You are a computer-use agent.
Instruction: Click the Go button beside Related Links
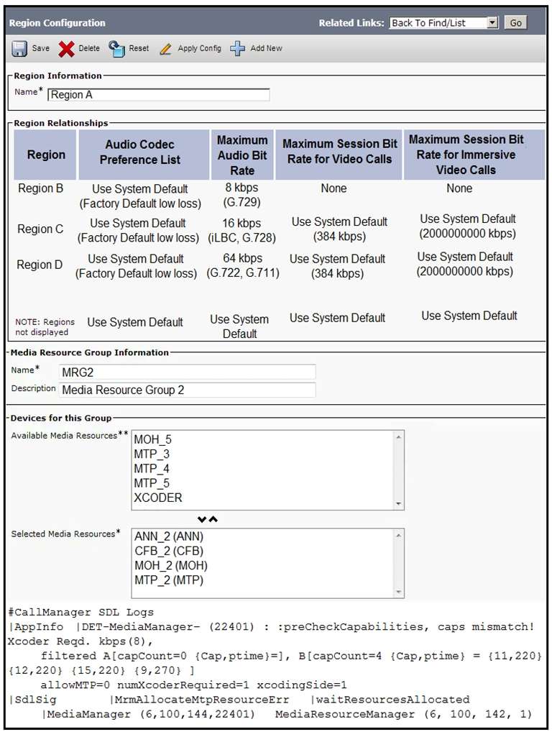coord(515,23)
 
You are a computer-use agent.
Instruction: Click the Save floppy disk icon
coord(19,49)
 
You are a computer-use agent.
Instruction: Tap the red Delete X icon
coord(67,49)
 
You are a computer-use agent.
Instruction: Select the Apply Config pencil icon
coord(166,49)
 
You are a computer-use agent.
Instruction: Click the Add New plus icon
coord(238,49)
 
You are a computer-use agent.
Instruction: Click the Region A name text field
coord(158,95)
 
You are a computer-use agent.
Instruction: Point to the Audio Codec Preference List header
coord(140,152)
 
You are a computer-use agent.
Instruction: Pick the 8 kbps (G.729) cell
coord(241,195)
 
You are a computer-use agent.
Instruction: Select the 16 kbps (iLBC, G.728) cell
coord(242,230)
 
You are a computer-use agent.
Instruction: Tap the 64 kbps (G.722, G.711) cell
coord(242,265)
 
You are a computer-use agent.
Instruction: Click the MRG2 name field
coord(187,372)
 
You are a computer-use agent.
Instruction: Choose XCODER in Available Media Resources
coord(158,498)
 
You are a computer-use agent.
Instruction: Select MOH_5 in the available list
coord(152,439)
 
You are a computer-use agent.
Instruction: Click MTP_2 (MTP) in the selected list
coord(168,580)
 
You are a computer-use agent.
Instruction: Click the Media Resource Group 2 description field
coord(187,390)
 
